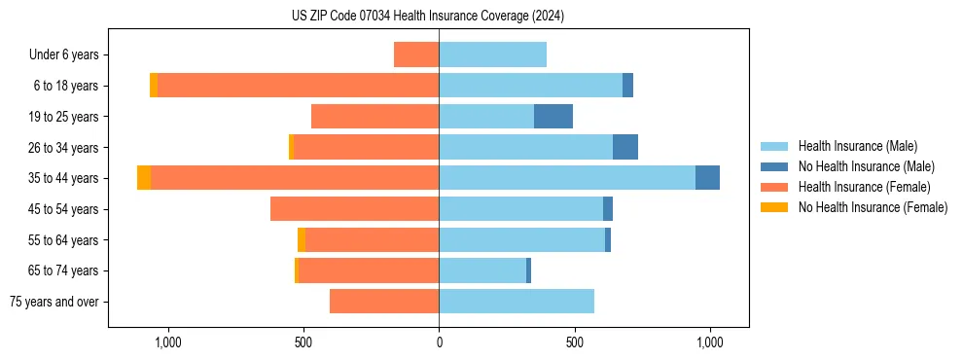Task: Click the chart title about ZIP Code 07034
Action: point(427,16)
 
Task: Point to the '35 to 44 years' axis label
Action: point(63,178)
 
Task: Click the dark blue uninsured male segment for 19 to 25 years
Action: point(553,117)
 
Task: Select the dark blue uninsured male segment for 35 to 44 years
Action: point(707,178)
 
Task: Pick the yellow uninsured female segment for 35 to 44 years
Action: point(144,178)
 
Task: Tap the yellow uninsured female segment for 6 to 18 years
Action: point(154,86)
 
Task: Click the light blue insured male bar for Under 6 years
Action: point(492,54)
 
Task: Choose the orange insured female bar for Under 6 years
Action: point(416,54)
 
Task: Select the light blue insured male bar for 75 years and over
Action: point(517,302)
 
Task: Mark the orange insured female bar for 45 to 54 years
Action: point(355,209)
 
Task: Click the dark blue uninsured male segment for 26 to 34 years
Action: point(625,147)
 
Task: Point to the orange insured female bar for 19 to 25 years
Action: point(375,117)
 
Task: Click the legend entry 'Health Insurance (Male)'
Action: point(857,146)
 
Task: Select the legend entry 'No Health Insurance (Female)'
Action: point(873,207)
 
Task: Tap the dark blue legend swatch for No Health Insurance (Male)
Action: point(774,166)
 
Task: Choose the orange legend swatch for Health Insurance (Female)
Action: point(774,187)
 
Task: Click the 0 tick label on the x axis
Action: point(439,342)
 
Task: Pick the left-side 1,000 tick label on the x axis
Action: point(167,342)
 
